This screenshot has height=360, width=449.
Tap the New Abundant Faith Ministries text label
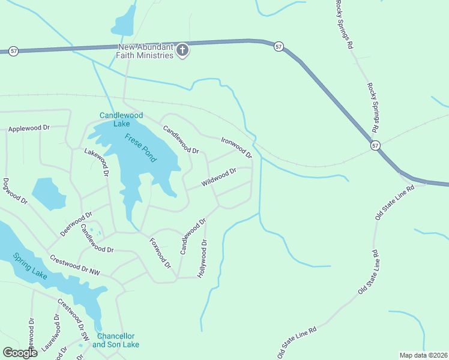[x=146, y=51]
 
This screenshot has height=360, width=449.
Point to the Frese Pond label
[x=140, y=148]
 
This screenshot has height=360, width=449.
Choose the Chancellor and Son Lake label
[x=115, y=340]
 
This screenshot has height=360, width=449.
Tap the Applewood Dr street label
[x=28, y=128]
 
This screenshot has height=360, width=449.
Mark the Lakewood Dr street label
[x=96, y=161]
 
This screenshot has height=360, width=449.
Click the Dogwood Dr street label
[x=16, y=192]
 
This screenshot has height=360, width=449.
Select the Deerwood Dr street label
[x=76, y=224]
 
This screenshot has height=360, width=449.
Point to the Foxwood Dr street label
[x=160, y=253]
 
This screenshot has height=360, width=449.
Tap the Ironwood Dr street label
[x=236, y=148]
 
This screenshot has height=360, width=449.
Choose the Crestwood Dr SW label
[x=73, y=320]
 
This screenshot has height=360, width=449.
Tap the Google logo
[x=20, y=353]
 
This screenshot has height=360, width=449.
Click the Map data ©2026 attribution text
[x=423, y=355]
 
